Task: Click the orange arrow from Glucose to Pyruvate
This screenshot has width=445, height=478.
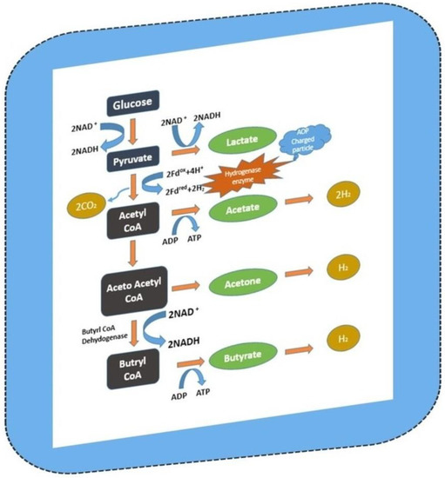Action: tap(133, 133)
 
